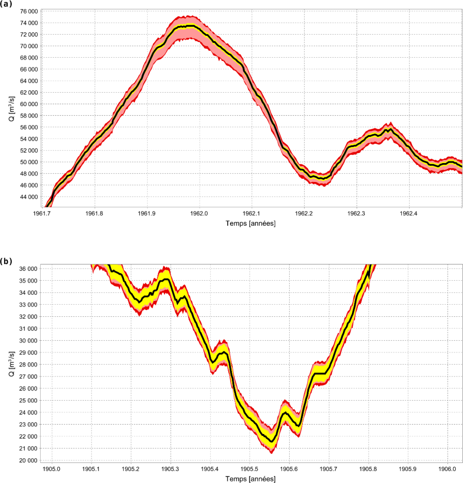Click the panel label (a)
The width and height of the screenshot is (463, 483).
[x=6, y=4]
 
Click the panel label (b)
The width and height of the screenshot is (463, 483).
[x=6, y=261]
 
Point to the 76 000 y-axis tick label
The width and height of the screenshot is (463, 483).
[x=29, y=11]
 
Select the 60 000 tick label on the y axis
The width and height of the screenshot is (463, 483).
[x=29, y=104]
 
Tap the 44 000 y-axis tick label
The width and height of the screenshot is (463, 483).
[x=29, y=197]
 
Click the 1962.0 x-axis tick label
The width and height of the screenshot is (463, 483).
[x=199, y=213]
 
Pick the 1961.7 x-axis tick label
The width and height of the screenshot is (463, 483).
[x=42, y=213]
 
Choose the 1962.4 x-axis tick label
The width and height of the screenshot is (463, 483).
[x=408, y=213]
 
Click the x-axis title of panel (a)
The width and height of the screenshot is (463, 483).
[x=250, y=223]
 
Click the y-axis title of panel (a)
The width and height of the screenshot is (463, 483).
[x=12, y=109]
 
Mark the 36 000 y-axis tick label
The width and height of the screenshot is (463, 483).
[x=28, y=269]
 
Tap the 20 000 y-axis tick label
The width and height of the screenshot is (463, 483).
[x=28, y=460]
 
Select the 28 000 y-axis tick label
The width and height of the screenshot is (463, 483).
[x=28, y=364]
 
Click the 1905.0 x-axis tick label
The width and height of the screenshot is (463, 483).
[x=51, y=469]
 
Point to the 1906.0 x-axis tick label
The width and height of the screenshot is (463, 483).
[x=447, y=469]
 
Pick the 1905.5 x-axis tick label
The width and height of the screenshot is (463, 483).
[x=249, y=469]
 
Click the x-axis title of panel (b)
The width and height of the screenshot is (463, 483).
[x=250, y=479]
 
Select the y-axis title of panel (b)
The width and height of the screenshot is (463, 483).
[x=12, y=364]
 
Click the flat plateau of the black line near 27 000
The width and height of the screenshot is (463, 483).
[x=320, y=373]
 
